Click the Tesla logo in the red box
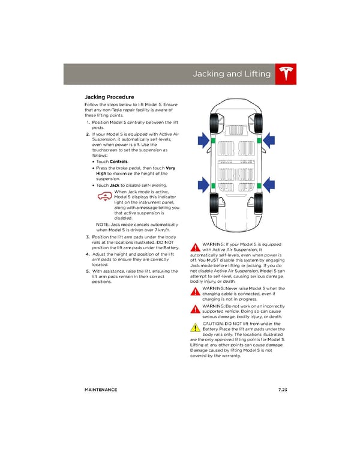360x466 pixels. [x=286, y=74]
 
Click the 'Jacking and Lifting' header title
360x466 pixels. [x=232, y=74]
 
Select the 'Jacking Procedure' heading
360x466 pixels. [x=109, y=97]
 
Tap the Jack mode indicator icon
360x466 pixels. [x=105, y=196]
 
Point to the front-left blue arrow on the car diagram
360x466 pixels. [x=204, y=140]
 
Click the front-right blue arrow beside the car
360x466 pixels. [x=269, y=140]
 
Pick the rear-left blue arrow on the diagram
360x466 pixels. [x=204, y=185]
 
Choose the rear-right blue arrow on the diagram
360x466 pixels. [x=269, y=185]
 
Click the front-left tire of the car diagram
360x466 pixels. [x=214, y=124]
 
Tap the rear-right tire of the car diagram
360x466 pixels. [x=258, y=204]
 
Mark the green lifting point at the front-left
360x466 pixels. [x=213, y=141]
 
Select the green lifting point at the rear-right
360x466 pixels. [x=259, y=186]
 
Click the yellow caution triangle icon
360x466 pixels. [x=195, y=327]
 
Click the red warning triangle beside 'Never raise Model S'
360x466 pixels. [x=195, y=291]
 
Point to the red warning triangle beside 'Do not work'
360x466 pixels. [x=195, y=309]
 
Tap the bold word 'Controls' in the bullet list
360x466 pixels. [x=119, y=162]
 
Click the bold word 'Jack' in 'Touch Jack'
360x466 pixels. [x=115, y=185]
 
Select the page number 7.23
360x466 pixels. [x=283, y=390]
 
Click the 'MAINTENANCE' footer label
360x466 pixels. [x=101, y=390]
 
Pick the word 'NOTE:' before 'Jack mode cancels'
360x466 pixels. [x=103, y=225]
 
